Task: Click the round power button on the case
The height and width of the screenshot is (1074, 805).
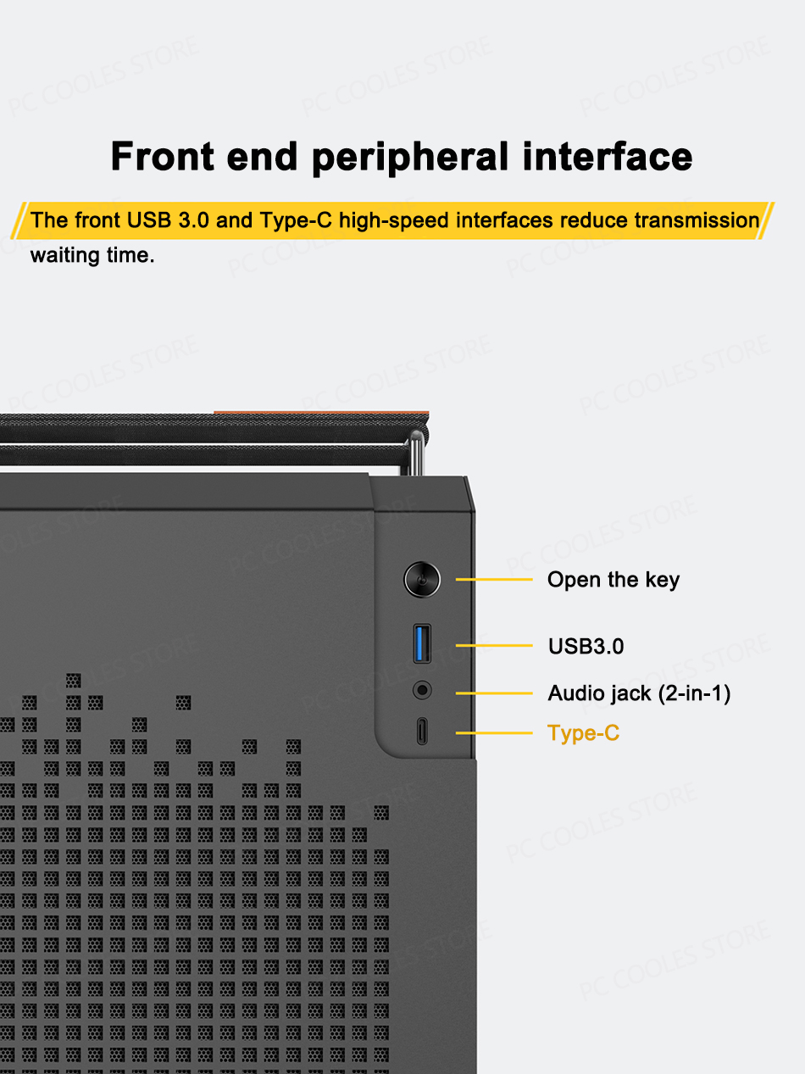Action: [421, 580]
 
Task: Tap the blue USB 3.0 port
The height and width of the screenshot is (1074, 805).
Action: [422, 643]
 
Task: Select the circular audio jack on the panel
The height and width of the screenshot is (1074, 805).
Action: [422, 690]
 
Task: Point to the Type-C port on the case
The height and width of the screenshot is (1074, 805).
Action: [422, 732]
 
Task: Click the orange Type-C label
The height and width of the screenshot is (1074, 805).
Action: [583, 732]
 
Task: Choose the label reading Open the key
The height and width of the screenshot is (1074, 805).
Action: [613, 580]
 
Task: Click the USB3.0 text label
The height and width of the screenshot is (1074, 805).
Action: [586, 646]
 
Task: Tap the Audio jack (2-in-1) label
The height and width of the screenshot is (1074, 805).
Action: [638, 693]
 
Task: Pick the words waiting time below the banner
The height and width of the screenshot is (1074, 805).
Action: [92, 255]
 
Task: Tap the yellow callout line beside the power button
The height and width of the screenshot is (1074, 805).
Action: [494, 580]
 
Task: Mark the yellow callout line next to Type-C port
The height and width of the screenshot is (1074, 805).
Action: [494, 732]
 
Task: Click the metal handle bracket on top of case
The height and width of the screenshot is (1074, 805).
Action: [416, 454]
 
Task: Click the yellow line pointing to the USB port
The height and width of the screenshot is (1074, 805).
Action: [494, 646]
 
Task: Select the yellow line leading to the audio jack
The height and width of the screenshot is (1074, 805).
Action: [494, 693]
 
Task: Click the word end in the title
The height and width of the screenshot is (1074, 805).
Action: [264, 158]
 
